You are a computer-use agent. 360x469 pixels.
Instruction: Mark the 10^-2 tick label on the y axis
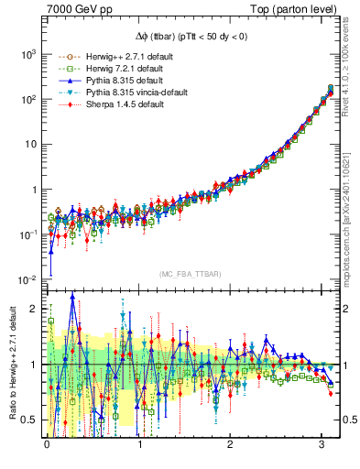click(x=26, y=279)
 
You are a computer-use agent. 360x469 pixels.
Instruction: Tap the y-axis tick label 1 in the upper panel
click(x=33, y=190)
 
